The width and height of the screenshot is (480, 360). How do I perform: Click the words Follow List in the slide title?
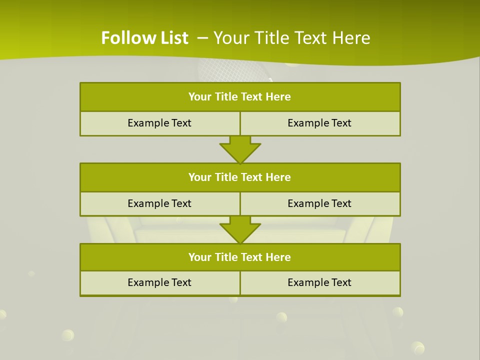tap(144, 38)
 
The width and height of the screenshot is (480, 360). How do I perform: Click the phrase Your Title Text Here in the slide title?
tap(292, 38)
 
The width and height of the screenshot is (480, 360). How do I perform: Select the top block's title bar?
tap(240, 97)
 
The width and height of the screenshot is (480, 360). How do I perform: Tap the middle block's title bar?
tap(240, 177)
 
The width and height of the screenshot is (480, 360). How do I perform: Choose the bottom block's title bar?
tap(240, 257)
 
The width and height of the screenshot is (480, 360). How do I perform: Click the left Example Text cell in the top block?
tap(159, 123)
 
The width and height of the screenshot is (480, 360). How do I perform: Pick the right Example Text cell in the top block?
tap(319, 123)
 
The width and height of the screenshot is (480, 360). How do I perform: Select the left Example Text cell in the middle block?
tap(159, 204)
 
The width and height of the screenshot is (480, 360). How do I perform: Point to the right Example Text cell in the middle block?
tap(319, 204)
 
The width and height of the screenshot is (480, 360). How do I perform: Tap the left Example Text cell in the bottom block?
tap(159, 283)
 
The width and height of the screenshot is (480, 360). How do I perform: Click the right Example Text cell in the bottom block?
tap(319, 283)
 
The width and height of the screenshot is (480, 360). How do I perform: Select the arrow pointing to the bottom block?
tap(240, 229)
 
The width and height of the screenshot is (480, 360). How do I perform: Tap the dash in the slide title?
tap(203, 38)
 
